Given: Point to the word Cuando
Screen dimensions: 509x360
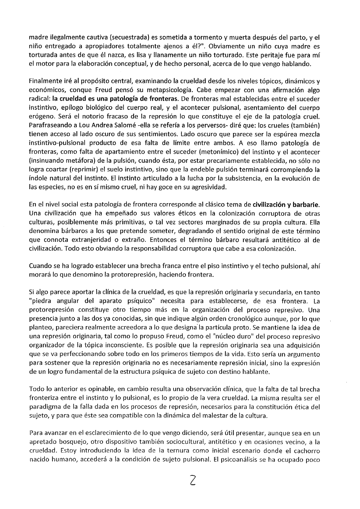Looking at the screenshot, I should [38, 266].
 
